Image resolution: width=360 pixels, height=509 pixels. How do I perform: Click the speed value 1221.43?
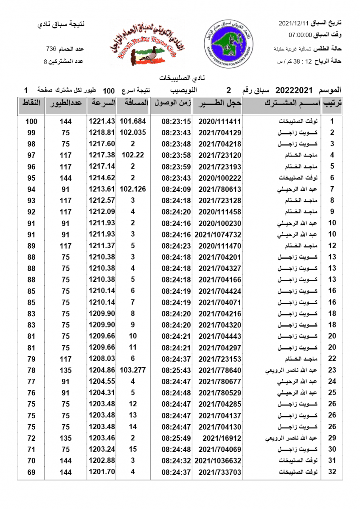(x=102, y=121)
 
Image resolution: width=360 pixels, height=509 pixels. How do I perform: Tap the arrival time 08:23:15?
(x=173, y=121)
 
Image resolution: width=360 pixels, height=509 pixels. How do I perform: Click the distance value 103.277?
(x=132, y=370)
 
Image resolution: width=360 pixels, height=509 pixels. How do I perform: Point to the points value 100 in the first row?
(x=31, y=121)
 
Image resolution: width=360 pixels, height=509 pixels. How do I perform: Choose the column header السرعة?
(x=102, y=103)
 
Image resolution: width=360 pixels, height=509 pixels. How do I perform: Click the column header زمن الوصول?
(x=172, y=103)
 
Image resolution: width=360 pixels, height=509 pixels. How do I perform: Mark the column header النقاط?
(x=31, y=103)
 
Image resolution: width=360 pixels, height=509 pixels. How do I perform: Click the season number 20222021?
(x=294, y=90)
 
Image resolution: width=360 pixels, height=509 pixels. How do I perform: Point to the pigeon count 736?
(x=51, y=49)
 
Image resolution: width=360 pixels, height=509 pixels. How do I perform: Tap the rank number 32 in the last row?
(x=332, y=472)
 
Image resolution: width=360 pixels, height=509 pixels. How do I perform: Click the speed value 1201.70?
(x=102, y=472)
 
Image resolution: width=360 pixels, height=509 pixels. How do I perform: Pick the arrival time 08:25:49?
(x=173, y=438)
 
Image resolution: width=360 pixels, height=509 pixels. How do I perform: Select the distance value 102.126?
(x=132, y=189)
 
